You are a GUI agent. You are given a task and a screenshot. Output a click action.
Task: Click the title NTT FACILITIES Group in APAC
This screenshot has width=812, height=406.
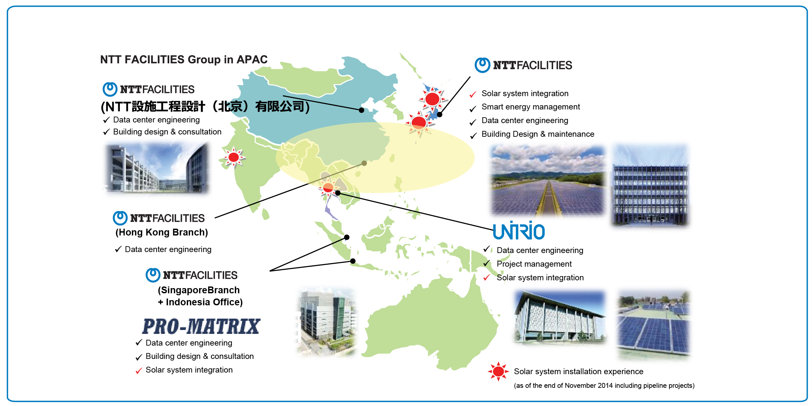click(x=184, y=59)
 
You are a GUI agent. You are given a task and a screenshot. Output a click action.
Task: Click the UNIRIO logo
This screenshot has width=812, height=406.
click(x=519, y=230)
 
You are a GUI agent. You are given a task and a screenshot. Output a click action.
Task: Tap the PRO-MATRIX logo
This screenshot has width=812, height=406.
click(x=201, y=326)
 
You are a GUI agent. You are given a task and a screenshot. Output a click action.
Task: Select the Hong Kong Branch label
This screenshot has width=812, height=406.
click(x=162, y=232)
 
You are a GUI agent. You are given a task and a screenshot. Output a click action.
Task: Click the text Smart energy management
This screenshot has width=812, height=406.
click(x=531, y=107)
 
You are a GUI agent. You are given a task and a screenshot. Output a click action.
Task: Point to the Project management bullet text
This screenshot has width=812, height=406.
click(x=534, y=264)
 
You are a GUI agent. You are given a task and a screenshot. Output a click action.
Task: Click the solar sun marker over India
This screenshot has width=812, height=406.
click(x=234, y=157)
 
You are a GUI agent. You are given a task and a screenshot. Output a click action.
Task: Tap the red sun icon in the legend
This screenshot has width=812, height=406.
click(x=498, y=371)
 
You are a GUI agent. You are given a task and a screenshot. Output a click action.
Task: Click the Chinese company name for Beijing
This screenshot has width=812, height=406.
click(x=205, y=107)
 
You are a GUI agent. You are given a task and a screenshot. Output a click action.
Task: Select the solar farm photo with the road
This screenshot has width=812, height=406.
click(x=548, y=181)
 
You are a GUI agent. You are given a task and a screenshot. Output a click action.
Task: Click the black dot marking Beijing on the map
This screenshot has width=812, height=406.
click(x=362, y=110)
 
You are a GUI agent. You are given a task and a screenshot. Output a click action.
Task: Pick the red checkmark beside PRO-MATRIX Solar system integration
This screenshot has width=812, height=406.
click(x=139, y=371)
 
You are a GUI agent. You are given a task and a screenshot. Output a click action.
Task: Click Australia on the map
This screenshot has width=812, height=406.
click(x=432, y=325)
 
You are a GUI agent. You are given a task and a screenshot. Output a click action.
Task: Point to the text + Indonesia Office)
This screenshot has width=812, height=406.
click(x=200, y=302)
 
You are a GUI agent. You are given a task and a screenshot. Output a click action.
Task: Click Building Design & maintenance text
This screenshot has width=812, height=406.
click(x=538, y=134)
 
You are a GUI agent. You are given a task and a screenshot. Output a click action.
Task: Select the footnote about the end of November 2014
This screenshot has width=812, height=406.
click(x=604, y=386)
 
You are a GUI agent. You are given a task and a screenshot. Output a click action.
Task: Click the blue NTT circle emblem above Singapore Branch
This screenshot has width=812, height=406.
click(x=153, y=275)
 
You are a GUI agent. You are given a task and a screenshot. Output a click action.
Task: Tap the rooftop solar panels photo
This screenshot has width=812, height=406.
click(x=653, y=325)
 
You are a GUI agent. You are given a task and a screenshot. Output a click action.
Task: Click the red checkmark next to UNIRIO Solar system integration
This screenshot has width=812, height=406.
click(x=487, y=278)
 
